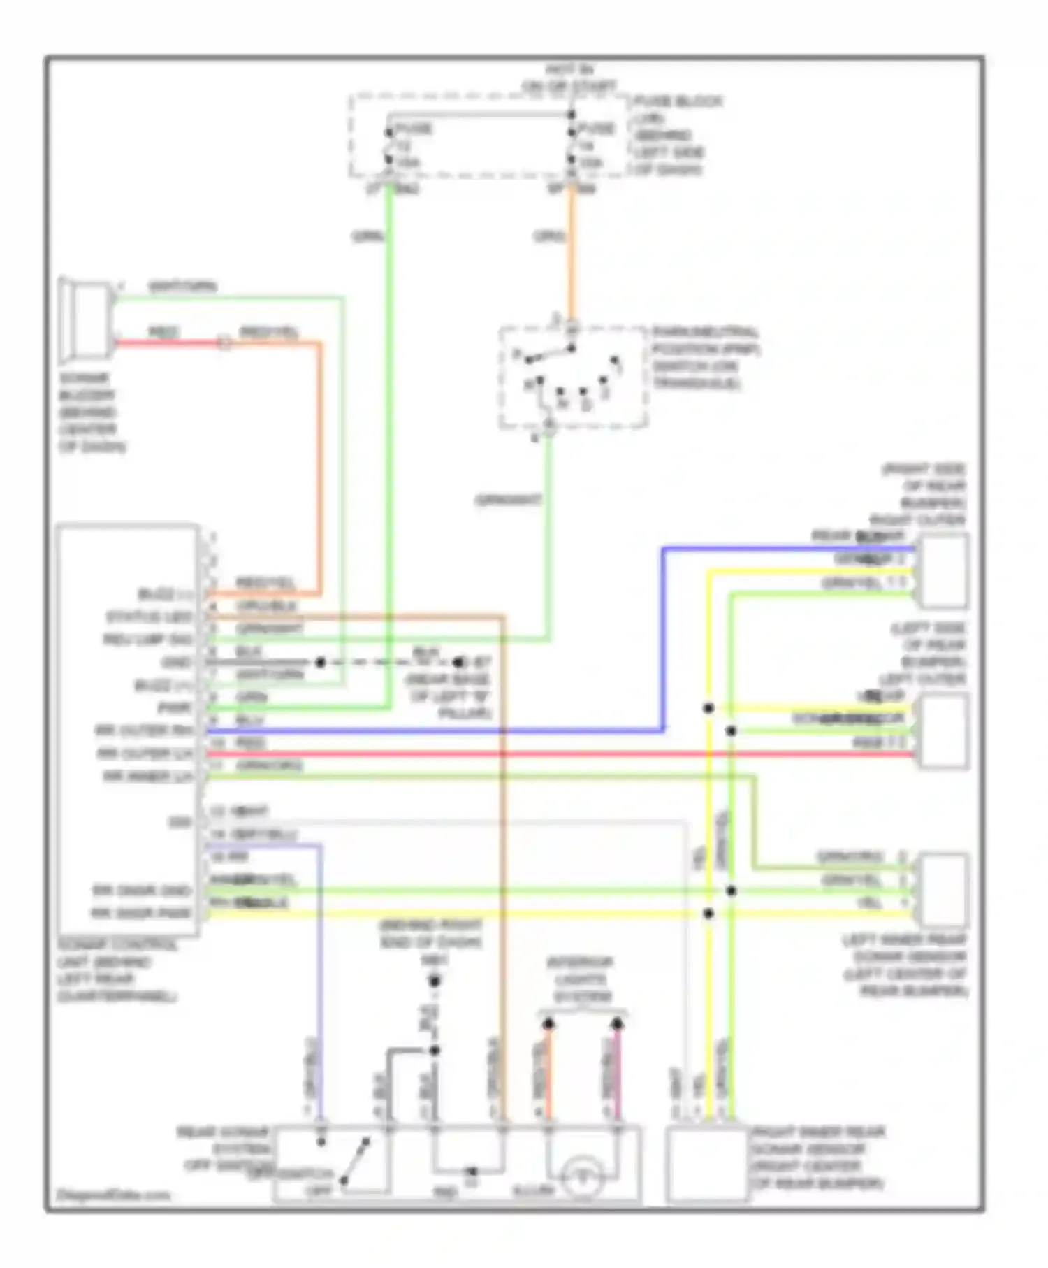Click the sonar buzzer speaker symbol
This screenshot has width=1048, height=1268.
86,320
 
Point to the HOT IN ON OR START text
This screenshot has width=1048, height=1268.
569,78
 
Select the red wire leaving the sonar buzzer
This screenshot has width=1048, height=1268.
168,343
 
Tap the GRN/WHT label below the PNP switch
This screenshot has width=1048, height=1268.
508,500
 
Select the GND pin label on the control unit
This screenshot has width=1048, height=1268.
175,662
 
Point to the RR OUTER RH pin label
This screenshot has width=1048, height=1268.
143,730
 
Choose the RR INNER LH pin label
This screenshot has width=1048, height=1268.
147,776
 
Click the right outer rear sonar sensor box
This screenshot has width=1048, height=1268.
944,570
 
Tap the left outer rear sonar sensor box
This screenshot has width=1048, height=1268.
944,730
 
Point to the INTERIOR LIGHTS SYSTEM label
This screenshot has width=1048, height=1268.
579,979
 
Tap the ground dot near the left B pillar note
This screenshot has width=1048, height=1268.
458,662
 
